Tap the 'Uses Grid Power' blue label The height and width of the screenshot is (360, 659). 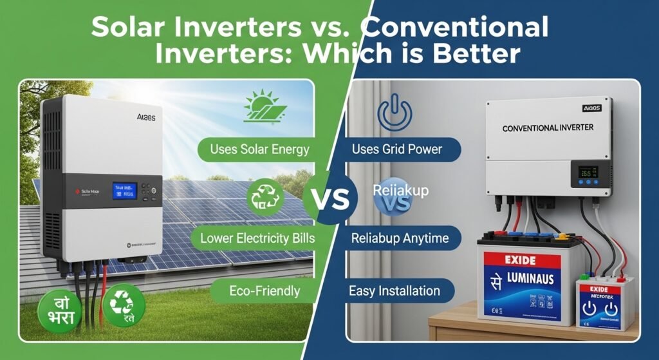point(396,149)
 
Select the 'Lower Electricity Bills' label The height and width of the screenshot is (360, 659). point(257,238)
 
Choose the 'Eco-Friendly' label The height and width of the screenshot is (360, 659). point(265,290)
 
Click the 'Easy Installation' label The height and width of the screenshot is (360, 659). point(394,290)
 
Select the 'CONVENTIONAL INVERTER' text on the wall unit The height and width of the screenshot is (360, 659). point(548,128)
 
